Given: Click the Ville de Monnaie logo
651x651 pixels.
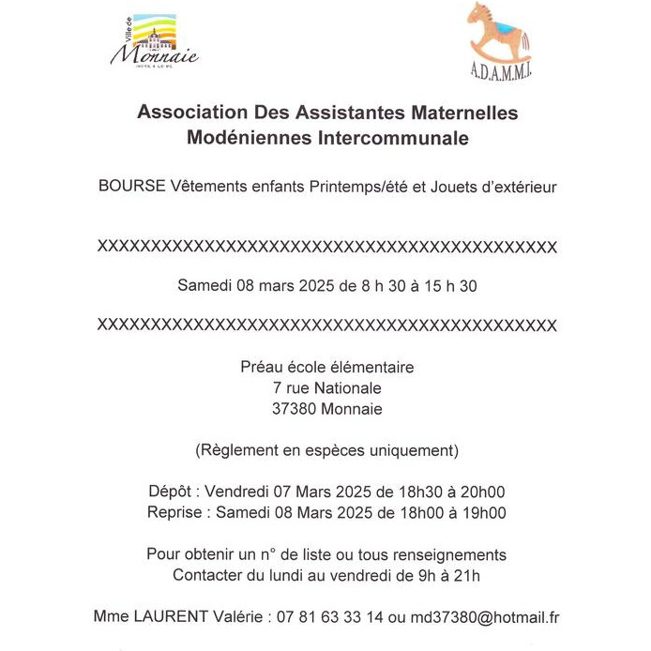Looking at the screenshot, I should [x=154, y=42].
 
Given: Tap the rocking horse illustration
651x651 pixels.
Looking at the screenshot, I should [x=499, y=36].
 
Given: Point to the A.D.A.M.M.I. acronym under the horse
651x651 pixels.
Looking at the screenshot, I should [x=499, y=71].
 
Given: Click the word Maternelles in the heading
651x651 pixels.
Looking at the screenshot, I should [x=460, y=114].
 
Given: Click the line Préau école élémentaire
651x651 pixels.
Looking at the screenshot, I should [x=326, y=368].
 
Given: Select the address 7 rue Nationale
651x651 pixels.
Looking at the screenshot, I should [x=325, y=388].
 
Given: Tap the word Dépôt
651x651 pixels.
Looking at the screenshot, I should [x=172, y=492].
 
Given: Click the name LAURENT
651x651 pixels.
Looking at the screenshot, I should [x=174, y=617].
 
